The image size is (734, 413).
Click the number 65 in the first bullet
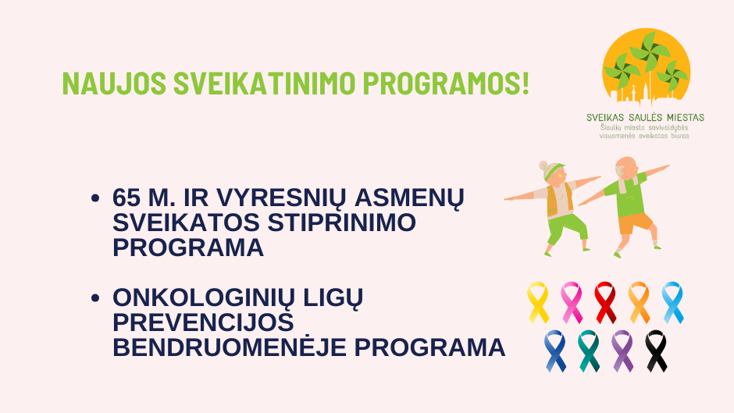point(126,198)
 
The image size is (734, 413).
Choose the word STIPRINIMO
point(341,222)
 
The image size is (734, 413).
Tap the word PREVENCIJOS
point(203,322)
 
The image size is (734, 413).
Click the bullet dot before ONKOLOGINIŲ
point(95,297)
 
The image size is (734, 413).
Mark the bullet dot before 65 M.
point(95,198)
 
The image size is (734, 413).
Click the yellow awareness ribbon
point(538,302)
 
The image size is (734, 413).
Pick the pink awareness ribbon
point(572,302)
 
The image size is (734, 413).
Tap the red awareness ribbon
point(605,302)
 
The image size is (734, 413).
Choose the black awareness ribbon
point(656,351)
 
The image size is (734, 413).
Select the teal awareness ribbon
point(589,351)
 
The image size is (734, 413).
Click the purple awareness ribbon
point(622,351)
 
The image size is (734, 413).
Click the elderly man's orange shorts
point(636,223)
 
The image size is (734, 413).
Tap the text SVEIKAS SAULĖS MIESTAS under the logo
point(645,118)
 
